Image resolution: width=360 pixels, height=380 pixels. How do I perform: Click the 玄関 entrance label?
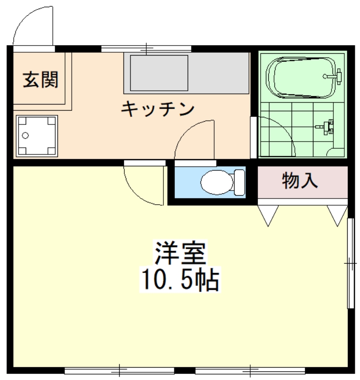tap(40, 79)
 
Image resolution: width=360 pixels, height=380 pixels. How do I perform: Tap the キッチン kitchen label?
tap(158, 109)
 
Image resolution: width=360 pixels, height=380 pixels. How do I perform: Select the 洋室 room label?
tap(180, 253)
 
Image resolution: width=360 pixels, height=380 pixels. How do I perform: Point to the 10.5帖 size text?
tap(180, 279)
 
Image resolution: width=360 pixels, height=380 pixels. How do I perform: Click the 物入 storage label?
tap(300, 180)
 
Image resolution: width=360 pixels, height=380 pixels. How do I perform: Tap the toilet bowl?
tap(217, 182)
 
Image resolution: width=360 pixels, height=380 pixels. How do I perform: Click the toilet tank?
tap(239, 182)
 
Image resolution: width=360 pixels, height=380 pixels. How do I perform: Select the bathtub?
tap(301, 77)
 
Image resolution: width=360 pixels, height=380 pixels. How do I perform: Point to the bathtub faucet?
tap(334, 76)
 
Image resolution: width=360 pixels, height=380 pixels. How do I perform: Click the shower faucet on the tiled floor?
tap(326, 126)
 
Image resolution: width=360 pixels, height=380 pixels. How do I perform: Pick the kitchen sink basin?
tap(159, 73)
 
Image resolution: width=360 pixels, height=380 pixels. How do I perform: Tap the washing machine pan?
tap(37, 136)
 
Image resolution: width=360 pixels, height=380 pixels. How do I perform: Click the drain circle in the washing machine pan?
tap(25, 135)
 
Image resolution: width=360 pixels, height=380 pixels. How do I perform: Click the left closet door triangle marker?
tap(268, 215)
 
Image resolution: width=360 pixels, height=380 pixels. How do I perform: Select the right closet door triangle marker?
tap(338, 215)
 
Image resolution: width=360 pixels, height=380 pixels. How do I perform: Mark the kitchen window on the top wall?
tap(146, 49)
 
